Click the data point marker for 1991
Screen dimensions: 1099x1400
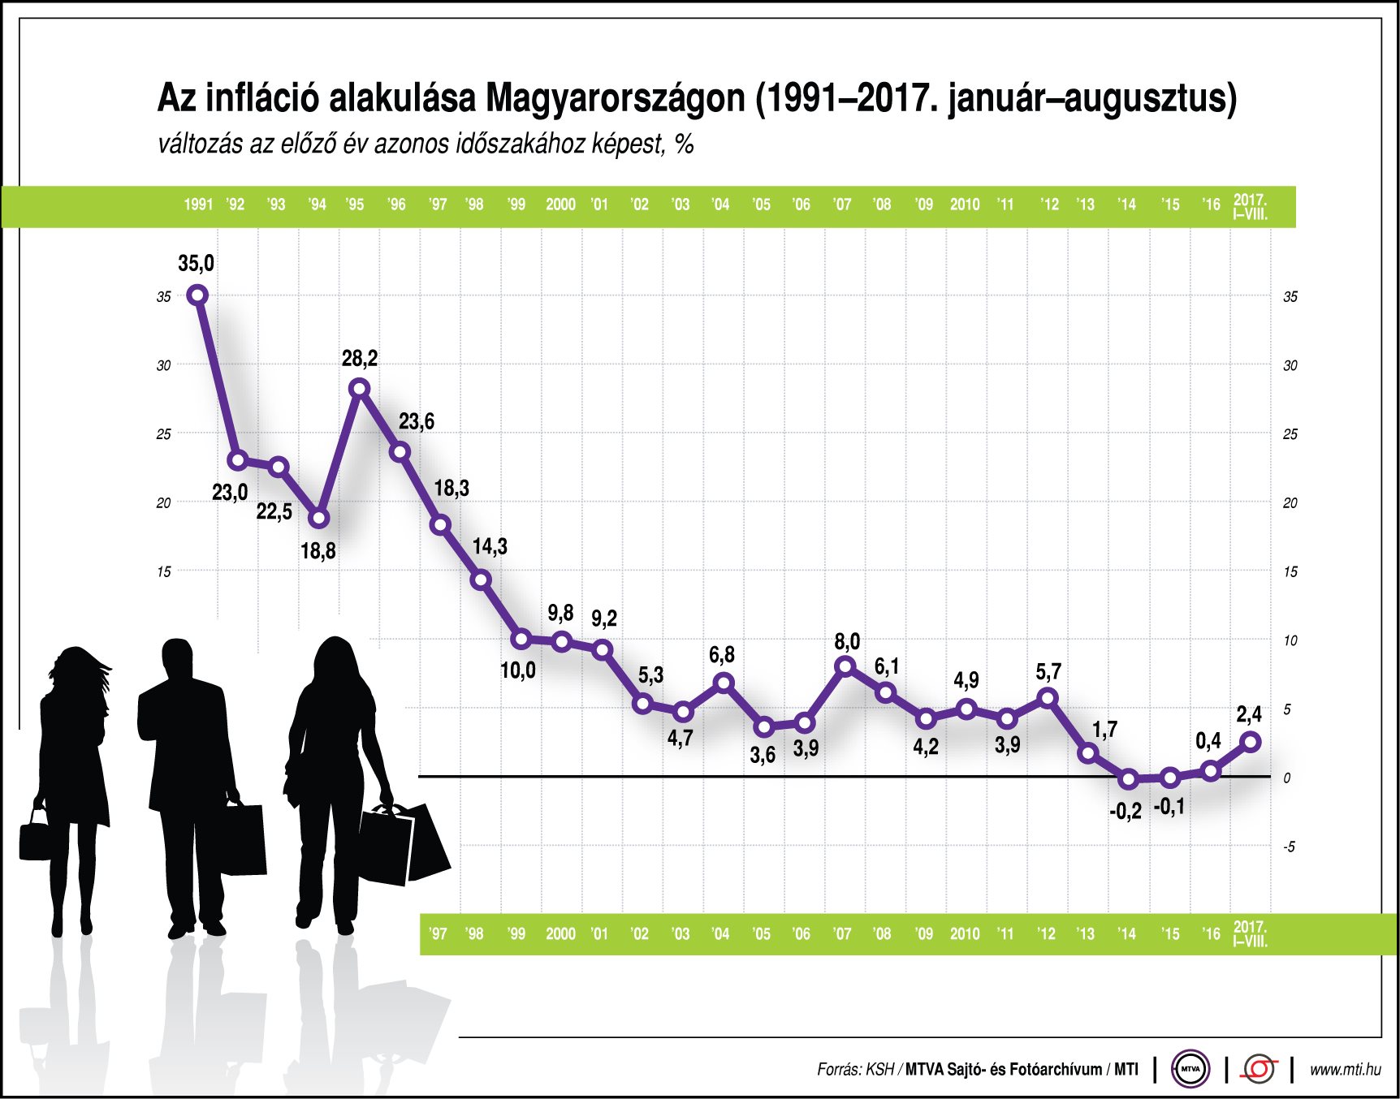(x=197, y=295)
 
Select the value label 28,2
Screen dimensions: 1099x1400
(x=359, y=358)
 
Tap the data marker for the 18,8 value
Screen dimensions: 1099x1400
(x=319, y=518)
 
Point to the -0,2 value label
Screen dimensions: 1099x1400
(x=1126, y=811)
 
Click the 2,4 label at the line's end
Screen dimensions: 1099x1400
(x=1249, y=714)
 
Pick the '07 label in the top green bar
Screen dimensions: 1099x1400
(x=842, y=205)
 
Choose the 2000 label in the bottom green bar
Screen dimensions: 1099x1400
(x=560, y=933)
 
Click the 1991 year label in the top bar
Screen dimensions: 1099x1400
(x=198, y=205)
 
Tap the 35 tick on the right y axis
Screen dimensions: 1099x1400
(x=1290, y=297)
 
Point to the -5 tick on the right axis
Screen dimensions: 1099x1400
(x=1289, y=847)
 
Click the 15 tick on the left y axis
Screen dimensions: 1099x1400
(x=164, y=571)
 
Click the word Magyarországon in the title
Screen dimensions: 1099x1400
(x=615, y=99)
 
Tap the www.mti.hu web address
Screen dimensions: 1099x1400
(x=1345, y=1069)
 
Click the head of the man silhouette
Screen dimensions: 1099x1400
(x=177, y=659)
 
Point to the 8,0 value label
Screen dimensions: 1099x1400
(x=847, y=641)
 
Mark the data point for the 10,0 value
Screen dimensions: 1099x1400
(x=521, y=639)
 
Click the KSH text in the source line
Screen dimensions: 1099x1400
(x=879, y=1069)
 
